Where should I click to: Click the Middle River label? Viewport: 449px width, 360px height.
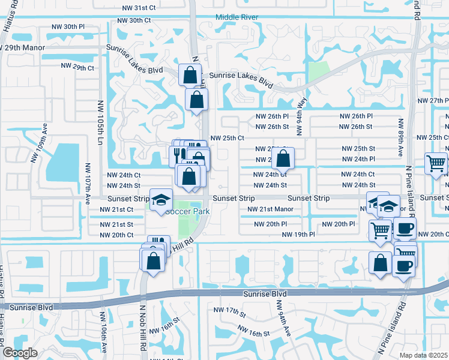(x=237, y=17)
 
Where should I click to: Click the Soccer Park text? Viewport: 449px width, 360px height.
(x=187, y=212)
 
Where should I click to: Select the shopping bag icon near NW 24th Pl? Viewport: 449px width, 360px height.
(x=283, y=159)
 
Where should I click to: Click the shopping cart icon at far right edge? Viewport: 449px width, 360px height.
(x=436, y=163)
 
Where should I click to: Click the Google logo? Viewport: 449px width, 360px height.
(x=20, y=353)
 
